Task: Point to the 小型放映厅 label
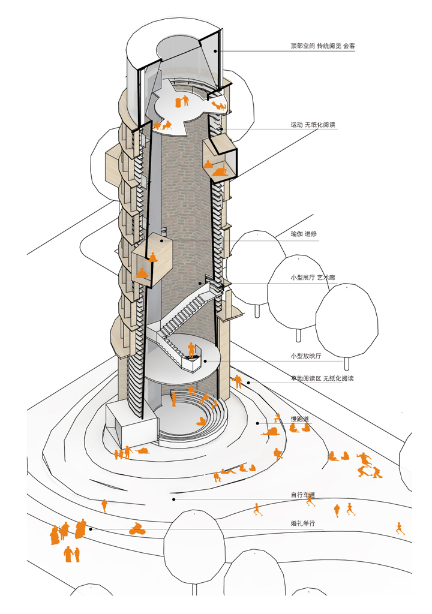pos(307,356)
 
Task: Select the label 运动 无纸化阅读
pos(313,125)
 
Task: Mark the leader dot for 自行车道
pos(173,499)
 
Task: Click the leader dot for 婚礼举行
pos(91,529)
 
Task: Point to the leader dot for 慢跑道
pos(257,423)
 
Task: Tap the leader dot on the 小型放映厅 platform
pos(205,361)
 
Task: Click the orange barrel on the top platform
pos(178,103)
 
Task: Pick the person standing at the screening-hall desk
pos(191,350)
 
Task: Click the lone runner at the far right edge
pos(398,528)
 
